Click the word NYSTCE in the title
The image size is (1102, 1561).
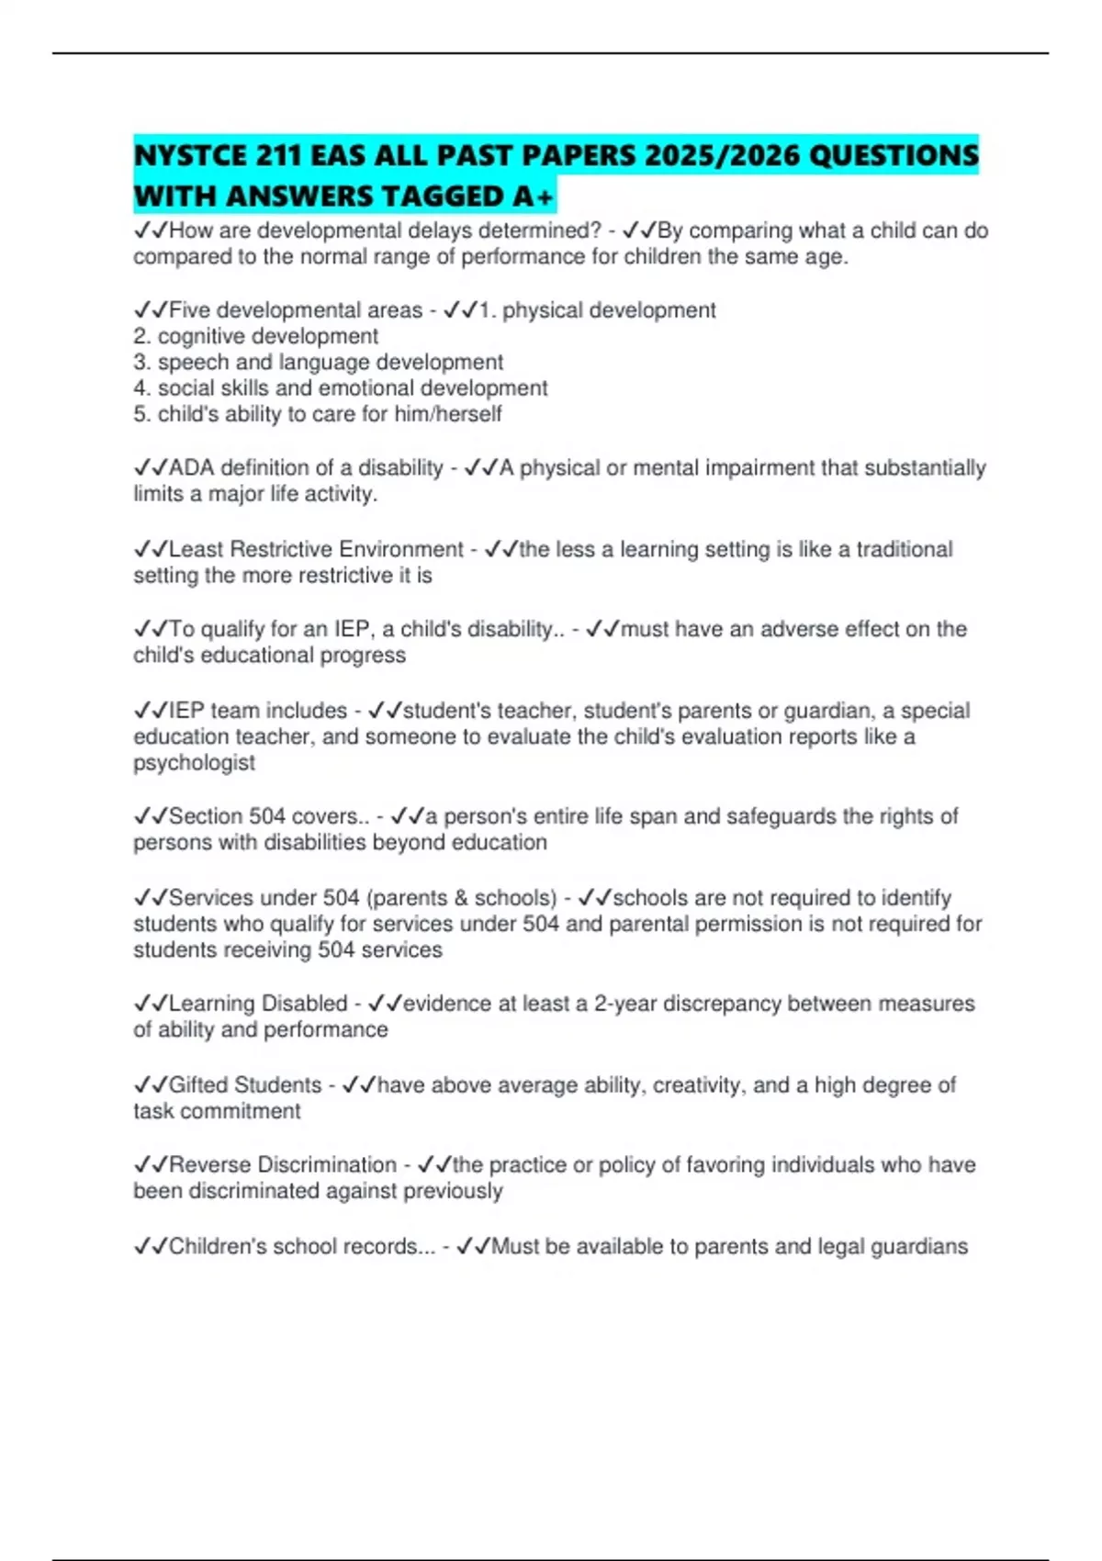(190, 156)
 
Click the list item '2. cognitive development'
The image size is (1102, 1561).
(255, 336)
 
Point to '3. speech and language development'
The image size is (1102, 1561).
(318, 362)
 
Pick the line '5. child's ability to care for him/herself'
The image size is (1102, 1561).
(317, 414)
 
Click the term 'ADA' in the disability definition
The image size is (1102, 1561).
(191, 468)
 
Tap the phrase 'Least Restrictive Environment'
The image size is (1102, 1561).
(316, 549)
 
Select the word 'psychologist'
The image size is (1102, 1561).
(194, 763)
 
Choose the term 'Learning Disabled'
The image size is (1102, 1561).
(258, 1004)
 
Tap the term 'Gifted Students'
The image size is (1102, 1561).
(245, 1085)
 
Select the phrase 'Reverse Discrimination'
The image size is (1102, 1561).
(283, 1165)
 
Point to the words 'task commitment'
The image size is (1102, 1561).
(217, 1111)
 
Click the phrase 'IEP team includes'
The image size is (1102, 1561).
(258, 711)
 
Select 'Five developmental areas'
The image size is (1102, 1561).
(296, 310)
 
